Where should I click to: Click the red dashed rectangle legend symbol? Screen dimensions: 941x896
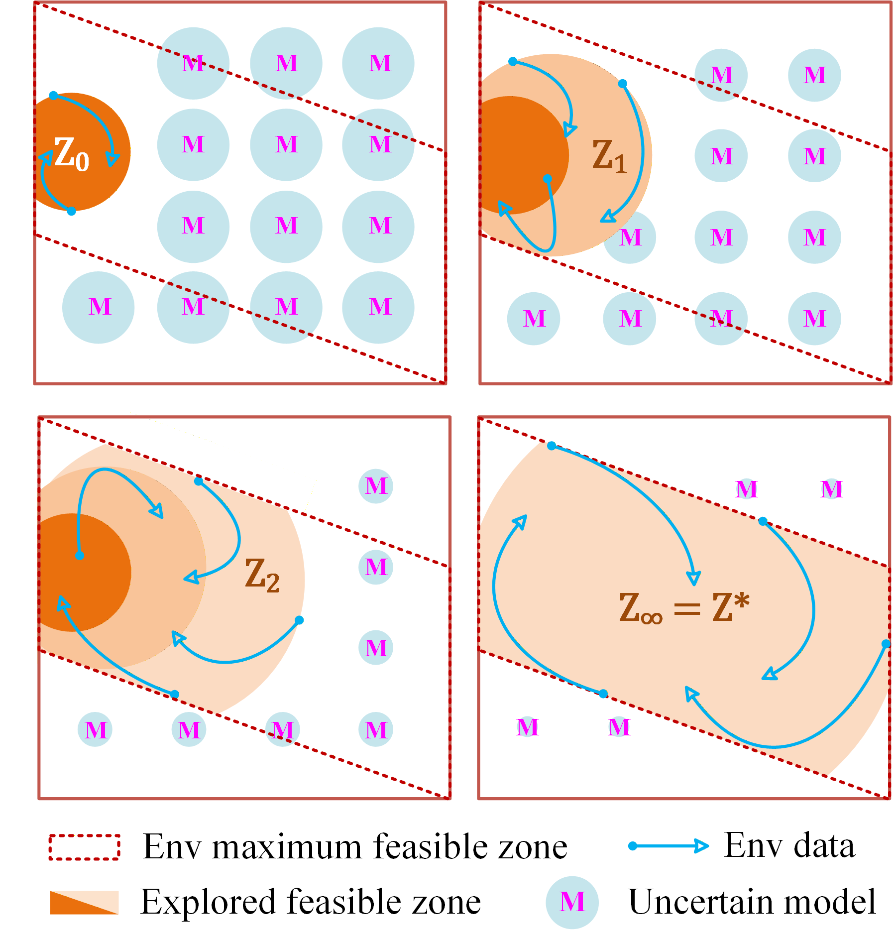(84, 847)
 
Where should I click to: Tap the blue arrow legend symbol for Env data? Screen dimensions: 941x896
(668, 846)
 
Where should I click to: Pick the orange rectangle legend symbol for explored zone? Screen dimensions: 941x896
(84, 903)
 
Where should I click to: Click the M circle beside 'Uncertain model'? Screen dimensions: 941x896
(572, 902)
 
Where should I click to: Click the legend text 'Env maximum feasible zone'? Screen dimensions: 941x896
(355, 846)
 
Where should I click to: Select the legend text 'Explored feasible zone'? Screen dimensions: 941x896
(311, 902)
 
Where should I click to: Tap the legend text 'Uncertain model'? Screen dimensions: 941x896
(752, 902)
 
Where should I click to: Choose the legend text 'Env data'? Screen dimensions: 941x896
(789, 845)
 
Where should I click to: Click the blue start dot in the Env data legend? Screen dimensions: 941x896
(633, 846)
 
